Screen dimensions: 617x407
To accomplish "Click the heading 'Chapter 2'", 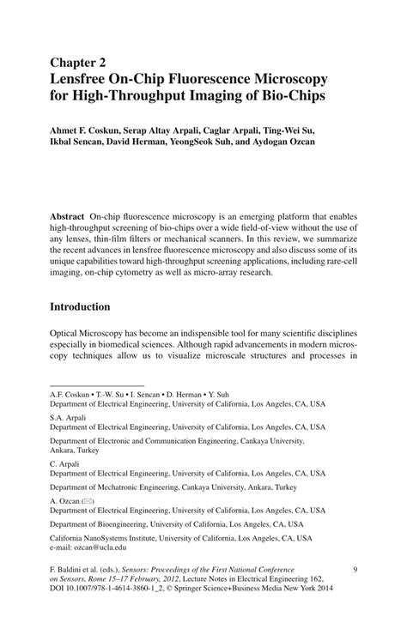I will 79,63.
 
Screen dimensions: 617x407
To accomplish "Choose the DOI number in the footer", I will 120,590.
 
